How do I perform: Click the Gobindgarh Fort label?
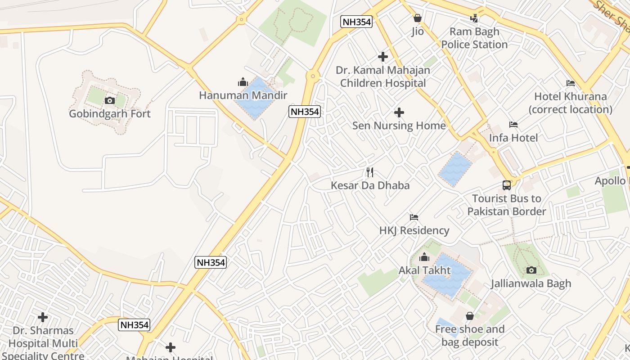tap(110, 114)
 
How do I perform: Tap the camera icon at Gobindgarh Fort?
tap(109, 100)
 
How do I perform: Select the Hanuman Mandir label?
tap(243, 95)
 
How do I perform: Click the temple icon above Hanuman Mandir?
tap(243, 82)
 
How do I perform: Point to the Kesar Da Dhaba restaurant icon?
tap(370, 172)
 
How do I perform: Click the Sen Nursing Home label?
tap(399, 126)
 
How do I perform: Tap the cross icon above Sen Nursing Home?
tap(399, 112)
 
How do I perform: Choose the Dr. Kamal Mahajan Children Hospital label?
tap(382, 76)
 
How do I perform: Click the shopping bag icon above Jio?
tap(418, 18)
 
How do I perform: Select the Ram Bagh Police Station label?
tap(474, 38)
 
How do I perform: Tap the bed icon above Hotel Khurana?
tap(571, 83)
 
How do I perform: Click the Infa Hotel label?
tap(513, 138)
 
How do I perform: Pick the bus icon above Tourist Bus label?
tap(507, 185)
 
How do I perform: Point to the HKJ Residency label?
tap(414, 230)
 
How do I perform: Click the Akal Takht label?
tap(424, 270)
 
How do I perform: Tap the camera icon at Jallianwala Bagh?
tap(531, 270)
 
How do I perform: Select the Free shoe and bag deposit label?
tap(469, 335)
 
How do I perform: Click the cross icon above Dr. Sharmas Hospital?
tap(43, 317)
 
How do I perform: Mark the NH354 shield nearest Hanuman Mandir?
tap(305, 112)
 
